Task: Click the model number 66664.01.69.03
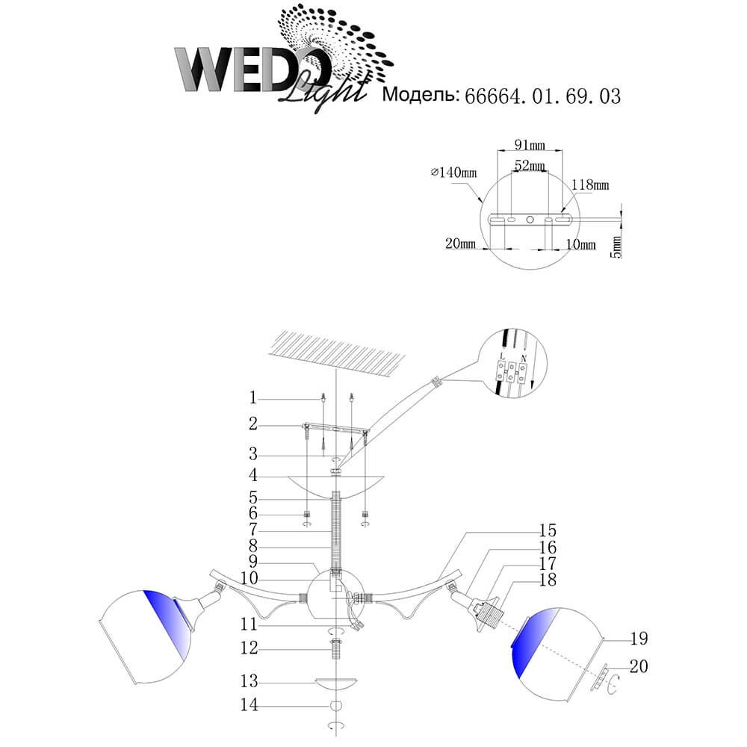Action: tap(542, 96)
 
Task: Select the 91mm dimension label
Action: tap(530, 144)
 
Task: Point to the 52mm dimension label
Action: tap(530, 165)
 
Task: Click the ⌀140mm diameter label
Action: tap(453, 173)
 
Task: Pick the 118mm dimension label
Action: tap(591, 185)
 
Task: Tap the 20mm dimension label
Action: tap(460, 244)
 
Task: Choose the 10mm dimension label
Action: tap(580, 244)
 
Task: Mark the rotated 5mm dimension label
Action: tap(616, 247)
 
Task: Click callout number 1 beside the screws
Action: tap(253, 397)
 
